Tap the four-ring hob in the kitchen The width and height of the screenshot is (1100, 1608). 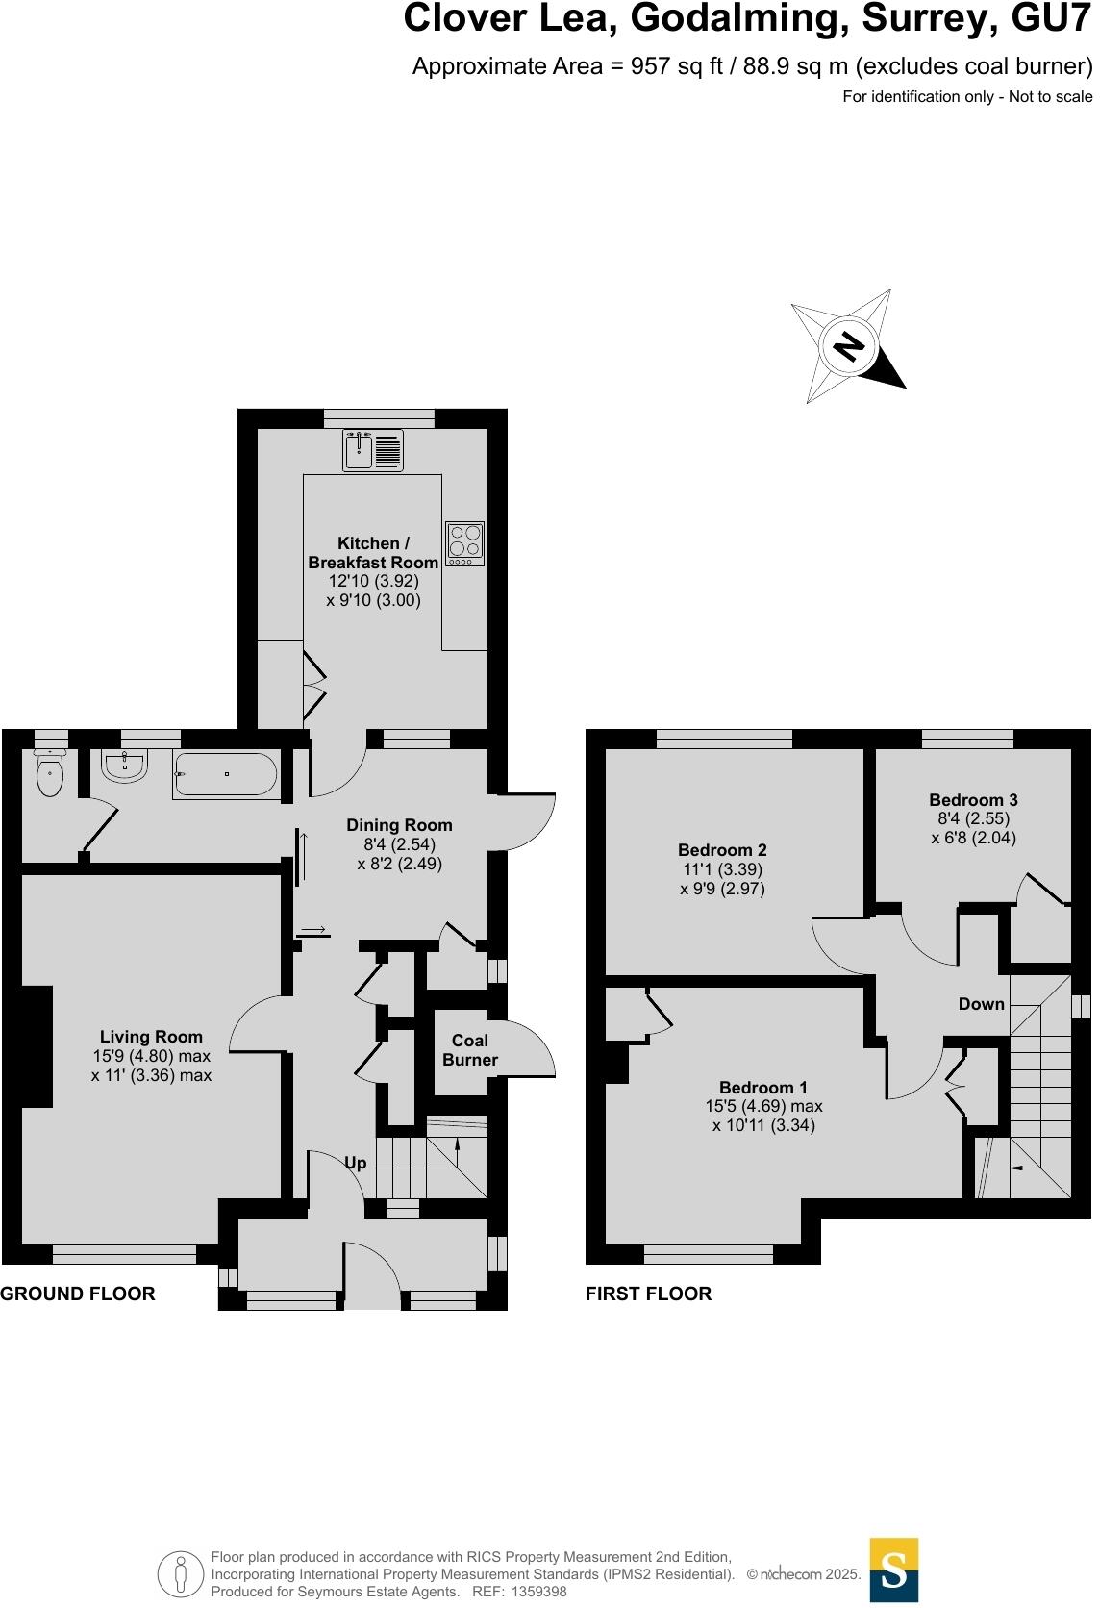tap(464, 543)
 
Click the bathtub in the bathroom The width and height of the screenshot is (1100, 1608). tap(225, 774)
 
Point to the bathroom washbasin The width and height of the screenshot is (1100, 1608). tap(124, 767)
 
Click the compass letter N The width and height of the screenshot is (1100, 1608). tap(847, 346)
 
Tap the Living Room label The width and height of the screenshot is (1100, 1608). tap(151, 1037)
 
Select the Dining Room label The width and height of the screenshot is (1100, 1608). tap(399, 825)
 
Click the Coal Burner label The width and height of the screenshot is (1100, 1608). tap(470, 1050)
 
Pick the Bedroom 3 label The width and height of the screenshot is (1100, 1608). tap(973, 800)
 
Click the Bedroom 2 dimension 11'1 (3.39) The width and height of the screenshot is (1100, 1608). tap(722, 869)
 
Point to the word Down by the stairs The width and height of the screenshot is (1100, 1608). tap(981, 1004)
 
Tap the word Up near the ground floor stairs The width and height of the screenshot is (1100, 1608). tap(356, 1163)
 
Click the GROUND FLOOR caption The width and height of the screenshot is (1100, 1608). tap(78, 1294)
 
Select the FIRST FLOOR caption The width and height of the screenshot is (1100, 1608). tap(648, 1294)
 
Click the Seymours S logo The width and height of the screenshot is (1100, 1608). tap(893, 1570)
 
